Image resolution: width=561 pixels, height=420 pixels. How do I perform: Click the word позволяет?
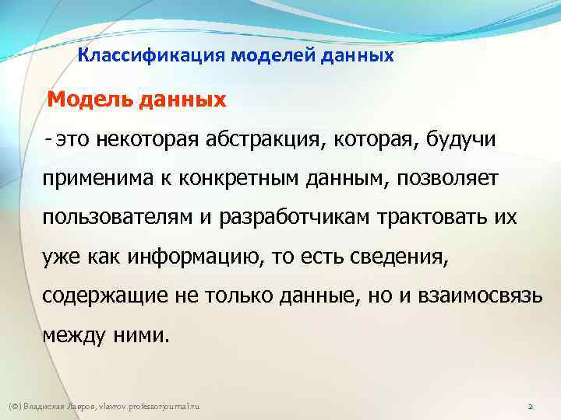pyautogui.click(x=440, y=180)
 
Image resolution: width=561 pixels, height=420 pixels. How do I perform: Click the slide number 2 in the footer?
pyautogui.click(x=529, y=408)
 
